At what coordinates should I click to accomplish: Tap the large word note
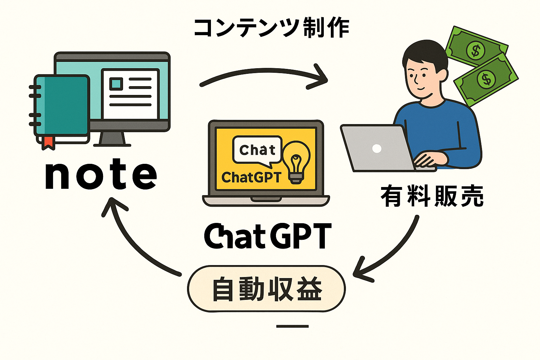(101, 174)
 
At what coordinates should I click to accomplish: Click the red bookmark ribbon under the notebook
(48, 143)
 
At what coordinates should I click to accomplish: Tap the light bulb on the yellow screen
(296, 163)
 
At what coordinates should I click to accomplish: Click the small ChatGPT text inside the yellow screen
(251, 177)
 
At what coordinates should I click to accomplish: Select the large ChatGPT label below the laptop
(268, 236)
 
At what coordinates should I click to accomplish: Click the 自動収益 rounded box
(266, 289)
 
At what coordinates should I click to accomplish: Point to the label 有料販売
(432, 196)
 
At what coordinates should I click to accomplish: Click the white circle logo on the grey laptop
(377, 148)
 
